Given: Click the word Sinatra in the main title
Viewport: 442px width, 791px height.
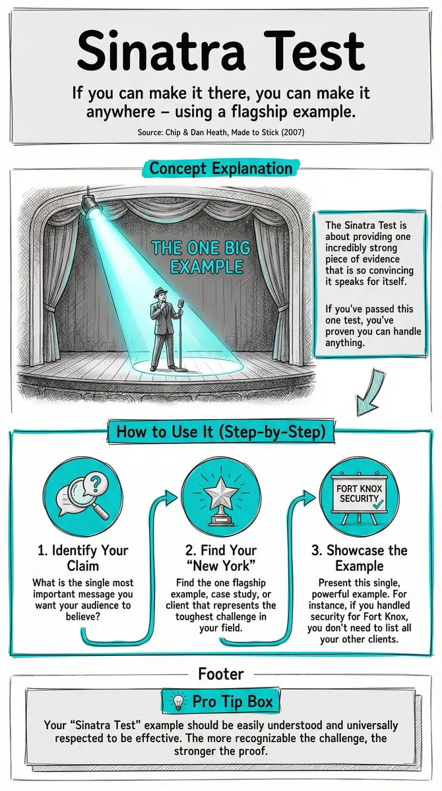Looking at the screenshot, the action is [x=161, y=51].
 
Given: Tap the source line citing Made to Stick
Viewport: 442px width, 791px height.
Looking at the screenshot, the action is [x=221, y=132].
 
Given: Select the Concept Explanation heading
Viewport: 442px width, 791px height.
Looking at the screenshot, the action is [x=221, y=168].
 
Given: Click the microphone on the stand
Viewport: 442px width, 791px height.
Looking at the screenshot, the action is [x=181, y=303].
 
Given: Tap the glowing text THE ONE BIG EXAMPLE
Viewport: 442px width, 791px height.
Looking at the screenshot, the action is [x=201, y=258].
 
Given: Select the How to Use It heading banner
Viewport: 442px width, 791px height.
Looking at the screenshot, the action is [x=221, y=432].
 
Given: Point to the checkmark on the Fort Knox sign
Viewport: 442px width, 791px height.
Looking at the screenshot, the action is [x=378, y=504].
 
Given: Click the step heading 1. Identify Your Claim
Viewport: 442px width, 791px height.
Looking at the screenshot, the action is [x=83, y=558].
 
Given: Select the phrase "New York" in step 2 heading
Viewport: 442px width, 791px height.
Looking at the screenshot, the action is [x=221, y=566].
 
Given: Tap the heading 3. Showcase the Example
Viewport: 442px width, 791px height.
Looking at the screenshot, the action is [x=360, y=558].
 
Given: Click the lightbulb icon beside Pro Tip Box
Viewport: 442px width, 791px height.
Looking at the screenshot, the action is [x=178, y=701].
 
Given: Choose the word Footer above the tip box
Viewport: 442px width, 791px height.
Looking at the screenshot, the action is [x=221, y=674].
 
